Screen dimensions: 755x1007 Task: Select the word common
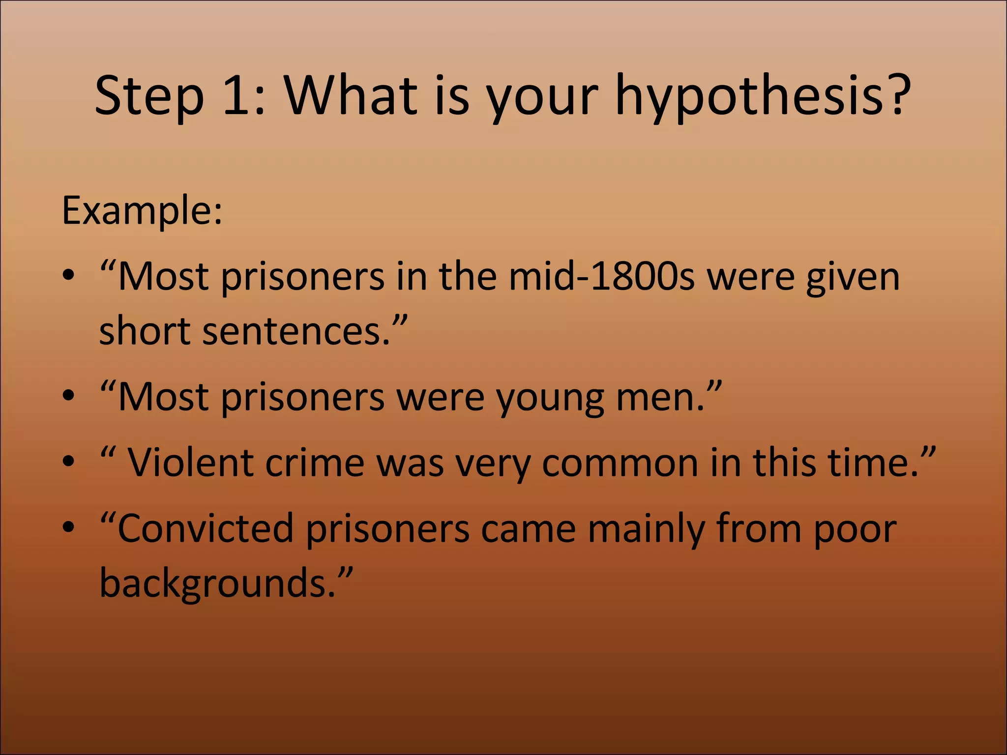(620, 463)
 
